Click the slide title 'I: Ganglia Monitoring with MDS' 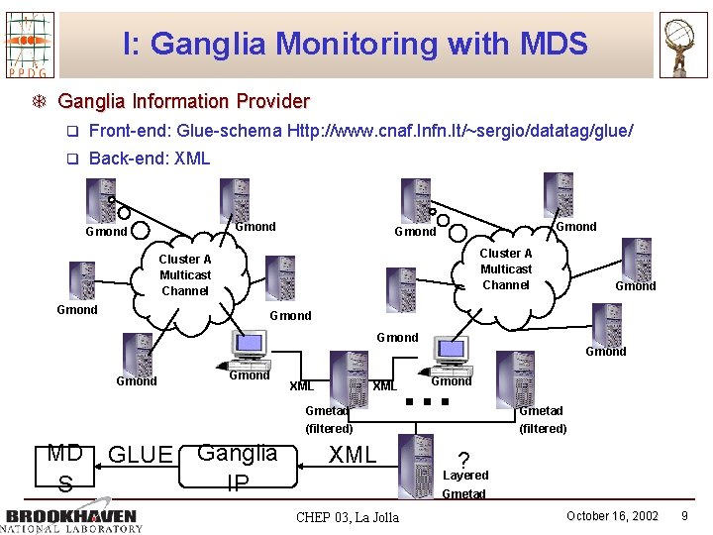(x=356, y=44)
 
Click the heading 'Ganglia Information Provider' (x=183, y=101)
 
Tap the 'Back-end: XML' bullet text (x=150, y=159)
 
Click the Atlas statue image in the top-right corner (x=683, y=44)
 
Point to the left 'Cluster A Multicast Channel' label (x=185, y=275)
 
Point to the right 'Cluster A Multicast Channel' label (x=506, y=269)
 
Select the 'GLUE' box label (x=141, y=455)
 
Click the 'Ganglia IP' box (x=238, y=468)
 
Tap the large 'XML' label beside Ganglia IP (x=353, y=455)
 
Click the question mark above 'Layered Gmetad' (x=463, y=461)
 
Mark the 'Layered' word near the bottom (x=465, y=476)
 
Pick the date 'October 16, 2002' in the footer (x=612, y=516)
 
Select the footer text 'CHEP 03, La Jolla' (x=348, y=517)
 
